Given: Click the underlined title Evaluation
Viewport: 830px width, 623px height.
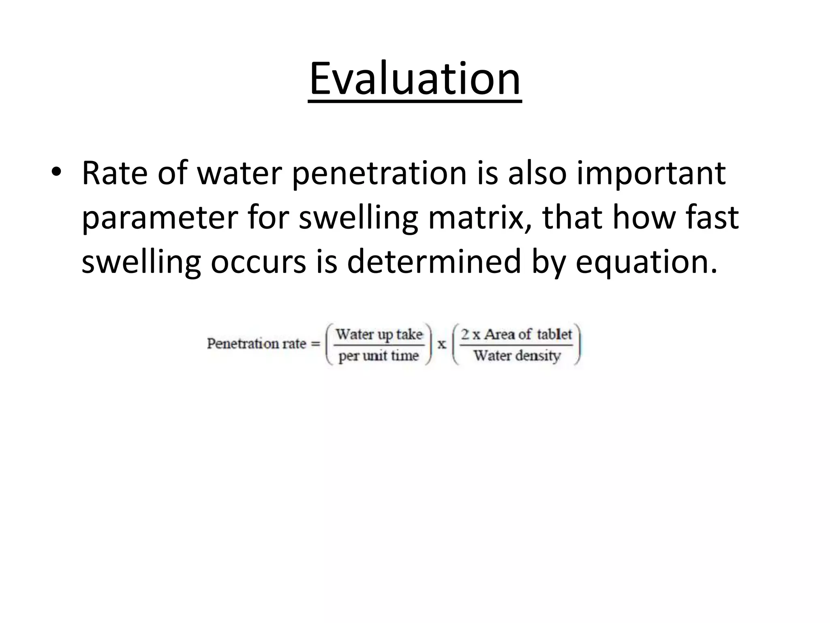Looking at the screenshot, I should tap(415, 79).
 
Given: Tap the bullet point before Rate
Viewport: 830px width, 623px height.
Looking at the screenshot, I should tap(56, 174).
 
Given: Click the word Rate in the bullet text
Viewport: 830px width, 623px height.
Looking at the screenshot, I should tap(114, 174).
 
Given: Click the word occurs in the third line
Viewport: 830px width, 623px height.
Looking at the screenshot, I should tap(258, 262).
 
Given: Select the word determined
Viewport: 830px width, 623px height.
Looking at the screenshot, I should tap(433, 262).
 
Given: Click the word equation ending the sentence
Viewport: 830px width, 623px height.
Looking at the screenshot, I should tap(644, 262).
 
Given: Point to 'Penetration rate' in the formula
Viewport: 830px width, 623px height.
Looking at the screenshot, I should tap(256, 344).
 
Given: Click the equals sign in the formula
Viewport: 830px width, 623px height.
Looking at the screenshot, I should tap(315, 344).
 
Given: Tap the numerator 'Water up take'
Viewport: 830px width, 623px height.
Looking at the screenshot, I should tap(379, 335).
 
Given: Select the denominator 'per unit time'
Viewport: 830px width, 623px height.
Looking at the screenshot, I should tap(378, 356).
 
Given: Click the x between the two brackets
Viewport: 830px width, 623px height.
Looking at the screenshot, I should tap(442, 345).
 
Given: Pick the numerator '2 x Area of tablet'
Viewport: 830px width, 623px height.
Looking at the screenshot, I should tap(516, 335).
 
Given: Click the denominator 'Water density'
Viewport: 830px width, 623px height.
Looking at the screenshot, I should tap(517, 356).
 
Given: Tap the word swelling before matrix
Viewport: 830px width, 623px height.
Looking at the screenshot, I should tap(358, 218).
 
